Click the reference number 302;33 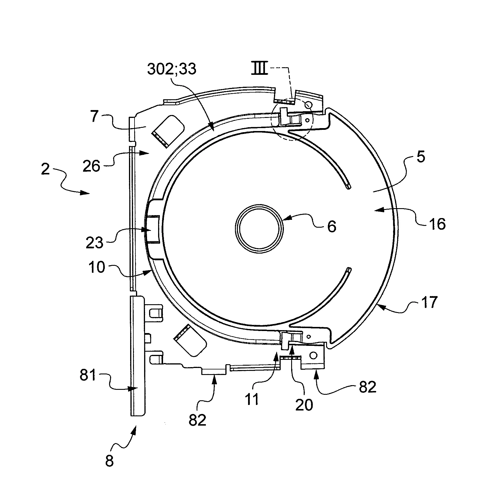point(172,69)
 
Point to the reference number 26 point(92,166)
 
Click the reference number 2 point(45,169)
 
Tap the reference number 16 point(437,224)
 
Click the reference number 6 point(332,226)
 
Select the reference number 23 point(95,243)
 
